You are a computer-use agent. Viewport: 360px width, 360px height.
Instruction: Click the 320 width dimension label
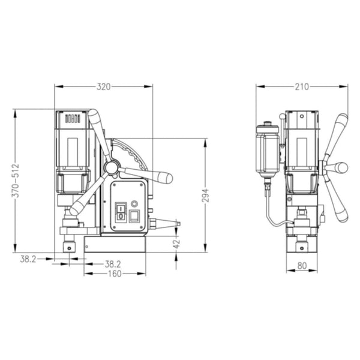tap(104, 86)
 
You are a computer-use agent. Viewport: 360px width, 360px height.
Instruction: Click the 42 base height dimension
tap(176, 243)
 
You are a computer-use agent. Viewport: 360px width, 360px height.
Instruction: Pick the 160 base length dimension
tap(114, 274)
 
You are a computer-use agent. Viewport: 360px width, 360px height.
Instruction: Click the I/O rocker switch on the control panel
tap(121, 212)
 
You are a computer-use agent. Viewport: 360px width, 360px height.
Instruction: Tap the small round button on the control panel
tap(135, 204)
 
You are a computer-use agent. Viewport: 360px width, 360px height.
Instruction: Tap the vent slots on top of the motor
tap(73, 119)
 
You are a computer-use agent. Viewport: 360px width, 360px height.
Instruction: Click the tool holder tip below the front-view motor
tap(71, 247)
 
